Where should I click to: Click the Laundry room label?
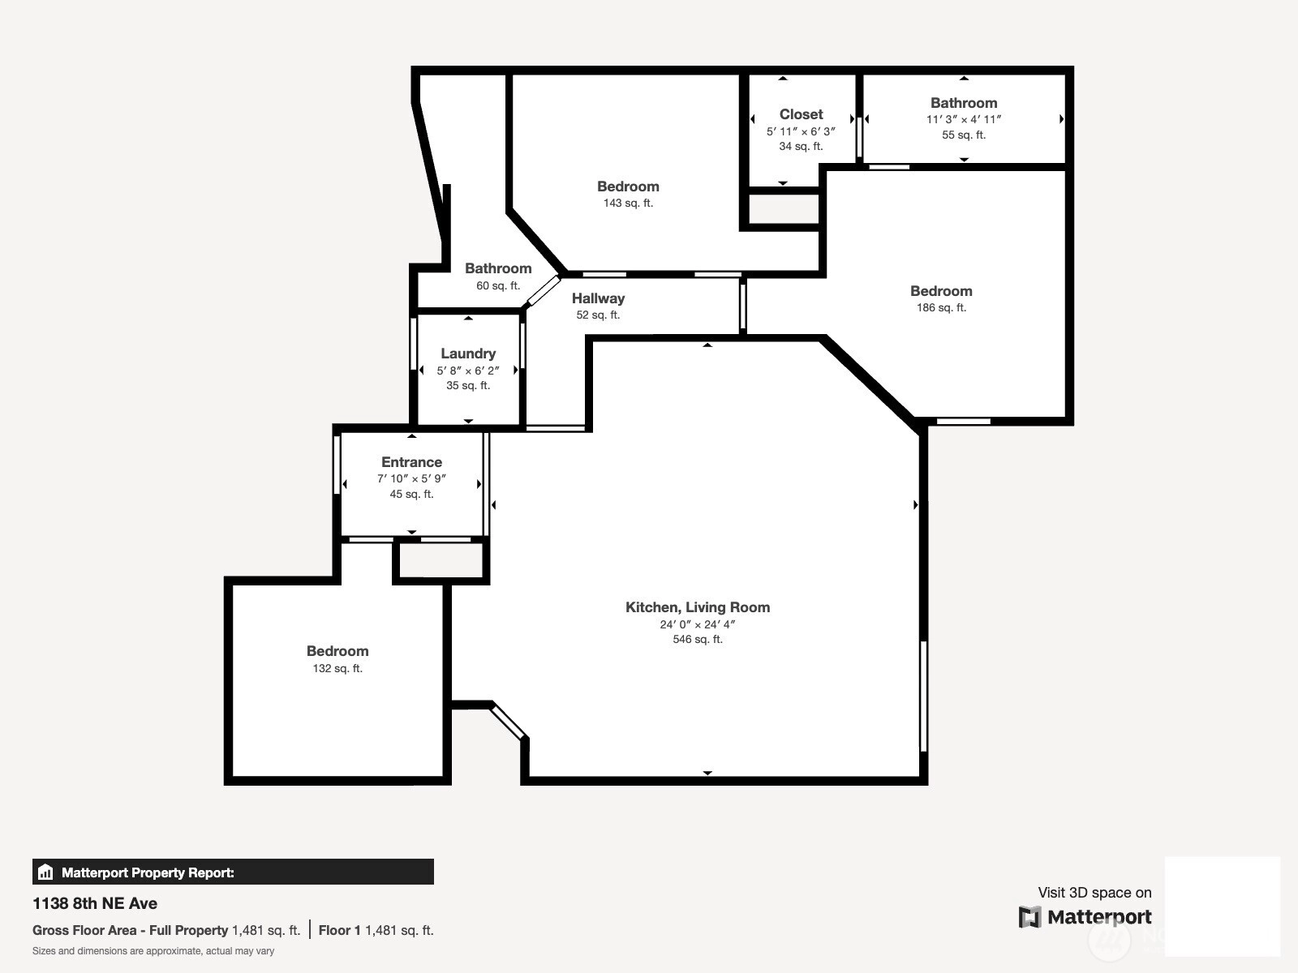pos(468,354)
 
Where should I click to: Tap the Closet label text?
pos(801,114)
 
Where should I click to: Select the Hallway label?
pos(598,298)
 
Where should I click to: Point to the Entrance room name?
pos(411,462)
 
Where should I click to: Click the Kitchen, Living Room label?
pos(698,607)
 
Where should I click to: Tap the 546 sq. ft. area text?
pos(698,639)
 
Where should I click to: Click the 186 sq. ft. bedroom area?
pos(941,308)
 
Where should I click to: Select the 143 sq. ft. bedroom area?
pos(628,204)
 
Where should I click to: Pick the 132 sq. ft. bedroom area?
pos(337,668)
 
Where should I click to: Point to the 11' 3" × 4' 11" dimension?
pos(964,119)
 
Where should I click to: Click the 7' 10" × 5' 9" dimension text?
pos(411,478)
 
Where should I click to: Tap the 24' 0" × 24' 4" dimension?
pos(698,624)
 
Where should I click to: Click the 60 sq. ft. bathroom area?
pos(498,286)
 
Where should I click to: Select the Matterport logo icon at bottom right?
pos(1029,917)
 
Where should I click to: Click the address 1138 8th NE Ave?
pos(95,903)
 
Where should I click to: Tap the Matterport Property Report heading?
pos(148,872)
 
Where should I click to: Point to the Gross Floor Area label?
pos(130,931)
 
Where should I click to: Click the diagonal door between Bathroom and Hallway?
pos(543,290)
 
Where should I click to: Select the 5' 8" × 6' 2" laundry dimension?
pos(468,371)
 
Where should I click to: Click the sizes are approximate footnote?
pos(153,951)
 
